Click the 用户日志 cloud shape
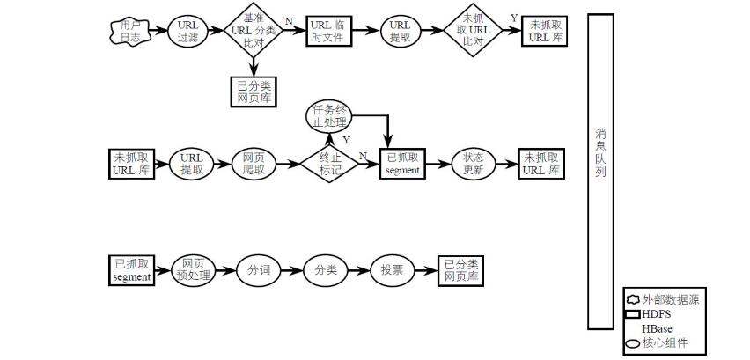(130, 32)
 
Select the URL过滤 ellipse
(187, 32)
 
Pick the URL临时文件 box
(327, 32)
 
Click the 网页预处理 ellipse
(193, 269)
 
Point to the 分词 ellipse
(259, 269)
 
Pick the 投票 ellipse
(392, 269)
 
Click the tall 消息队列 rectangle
(600, 171)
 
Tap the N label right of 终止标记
(363, 156)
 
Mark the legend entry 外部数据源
(665, 299)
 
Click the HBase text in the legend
(657, 328)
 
